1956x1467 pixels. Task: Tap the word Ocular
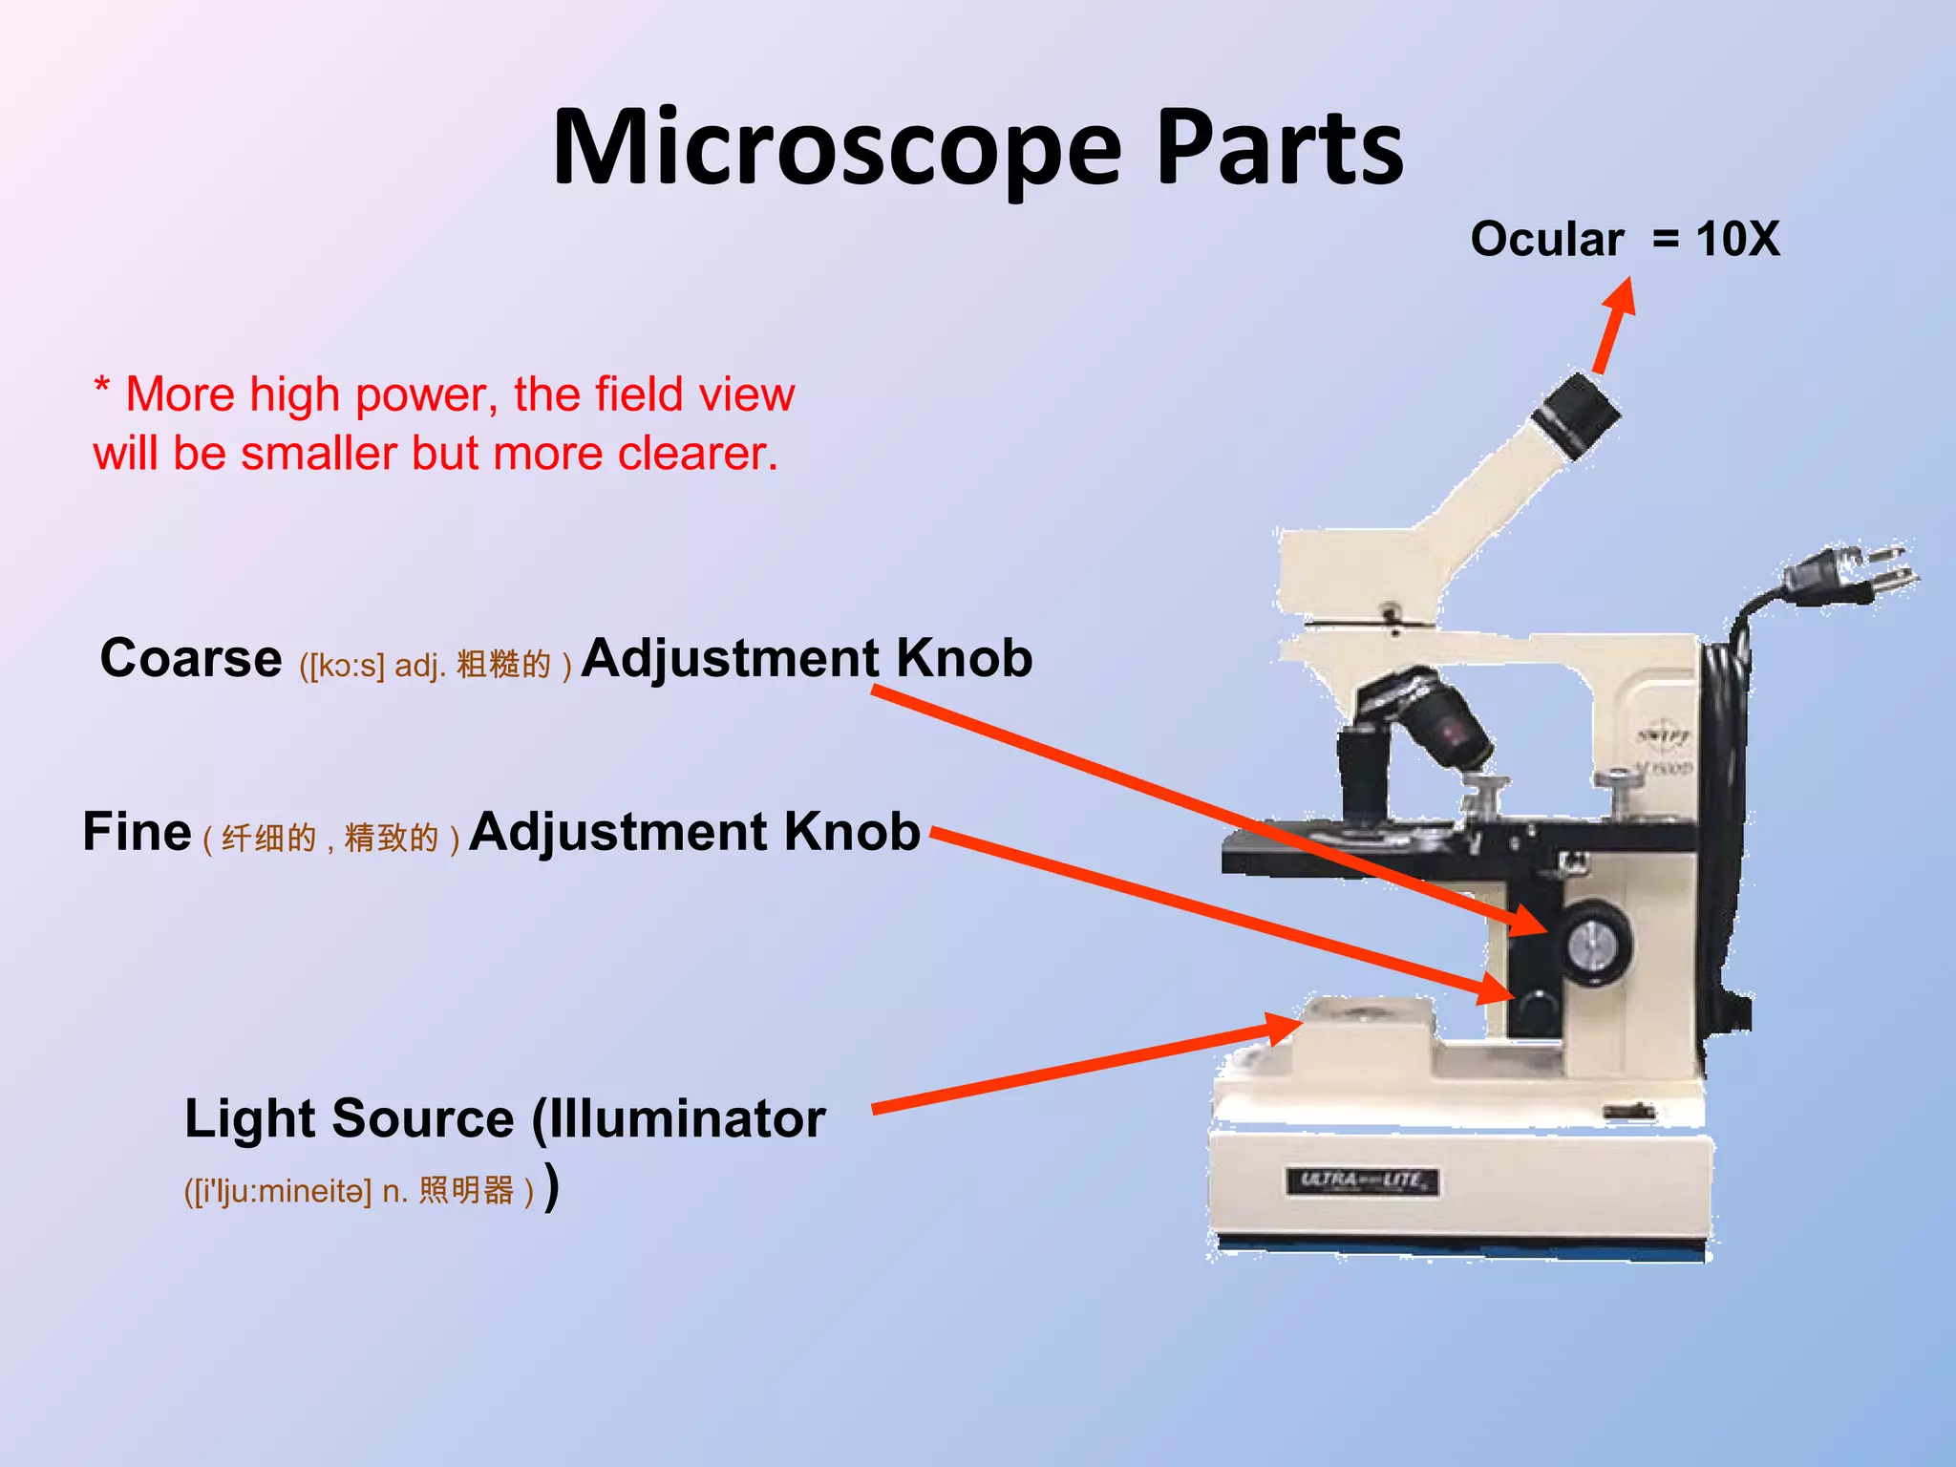click(1546, 239)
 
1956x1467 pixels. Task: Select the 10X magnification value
click(1737, 239)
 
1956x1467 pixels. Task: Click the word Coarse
click(191, 659)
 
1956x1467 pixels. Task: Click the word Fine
click(137, 831)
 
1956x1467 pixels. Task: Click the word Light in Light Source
click(251, 1118)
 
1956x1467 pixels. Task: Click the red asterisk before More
click(101, 387)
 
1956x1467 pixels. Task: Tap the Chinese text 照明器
click(466, 1191)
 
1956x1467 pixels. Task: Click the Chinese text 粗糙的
click(503, 664)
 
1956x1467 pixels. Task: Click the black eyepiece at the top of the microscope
click(1576, 416)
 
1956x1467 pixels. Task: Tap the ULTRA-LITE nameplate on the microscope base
click(1362, 1181)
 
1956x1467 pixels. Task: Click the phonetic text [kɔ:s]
click(342, 665)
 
